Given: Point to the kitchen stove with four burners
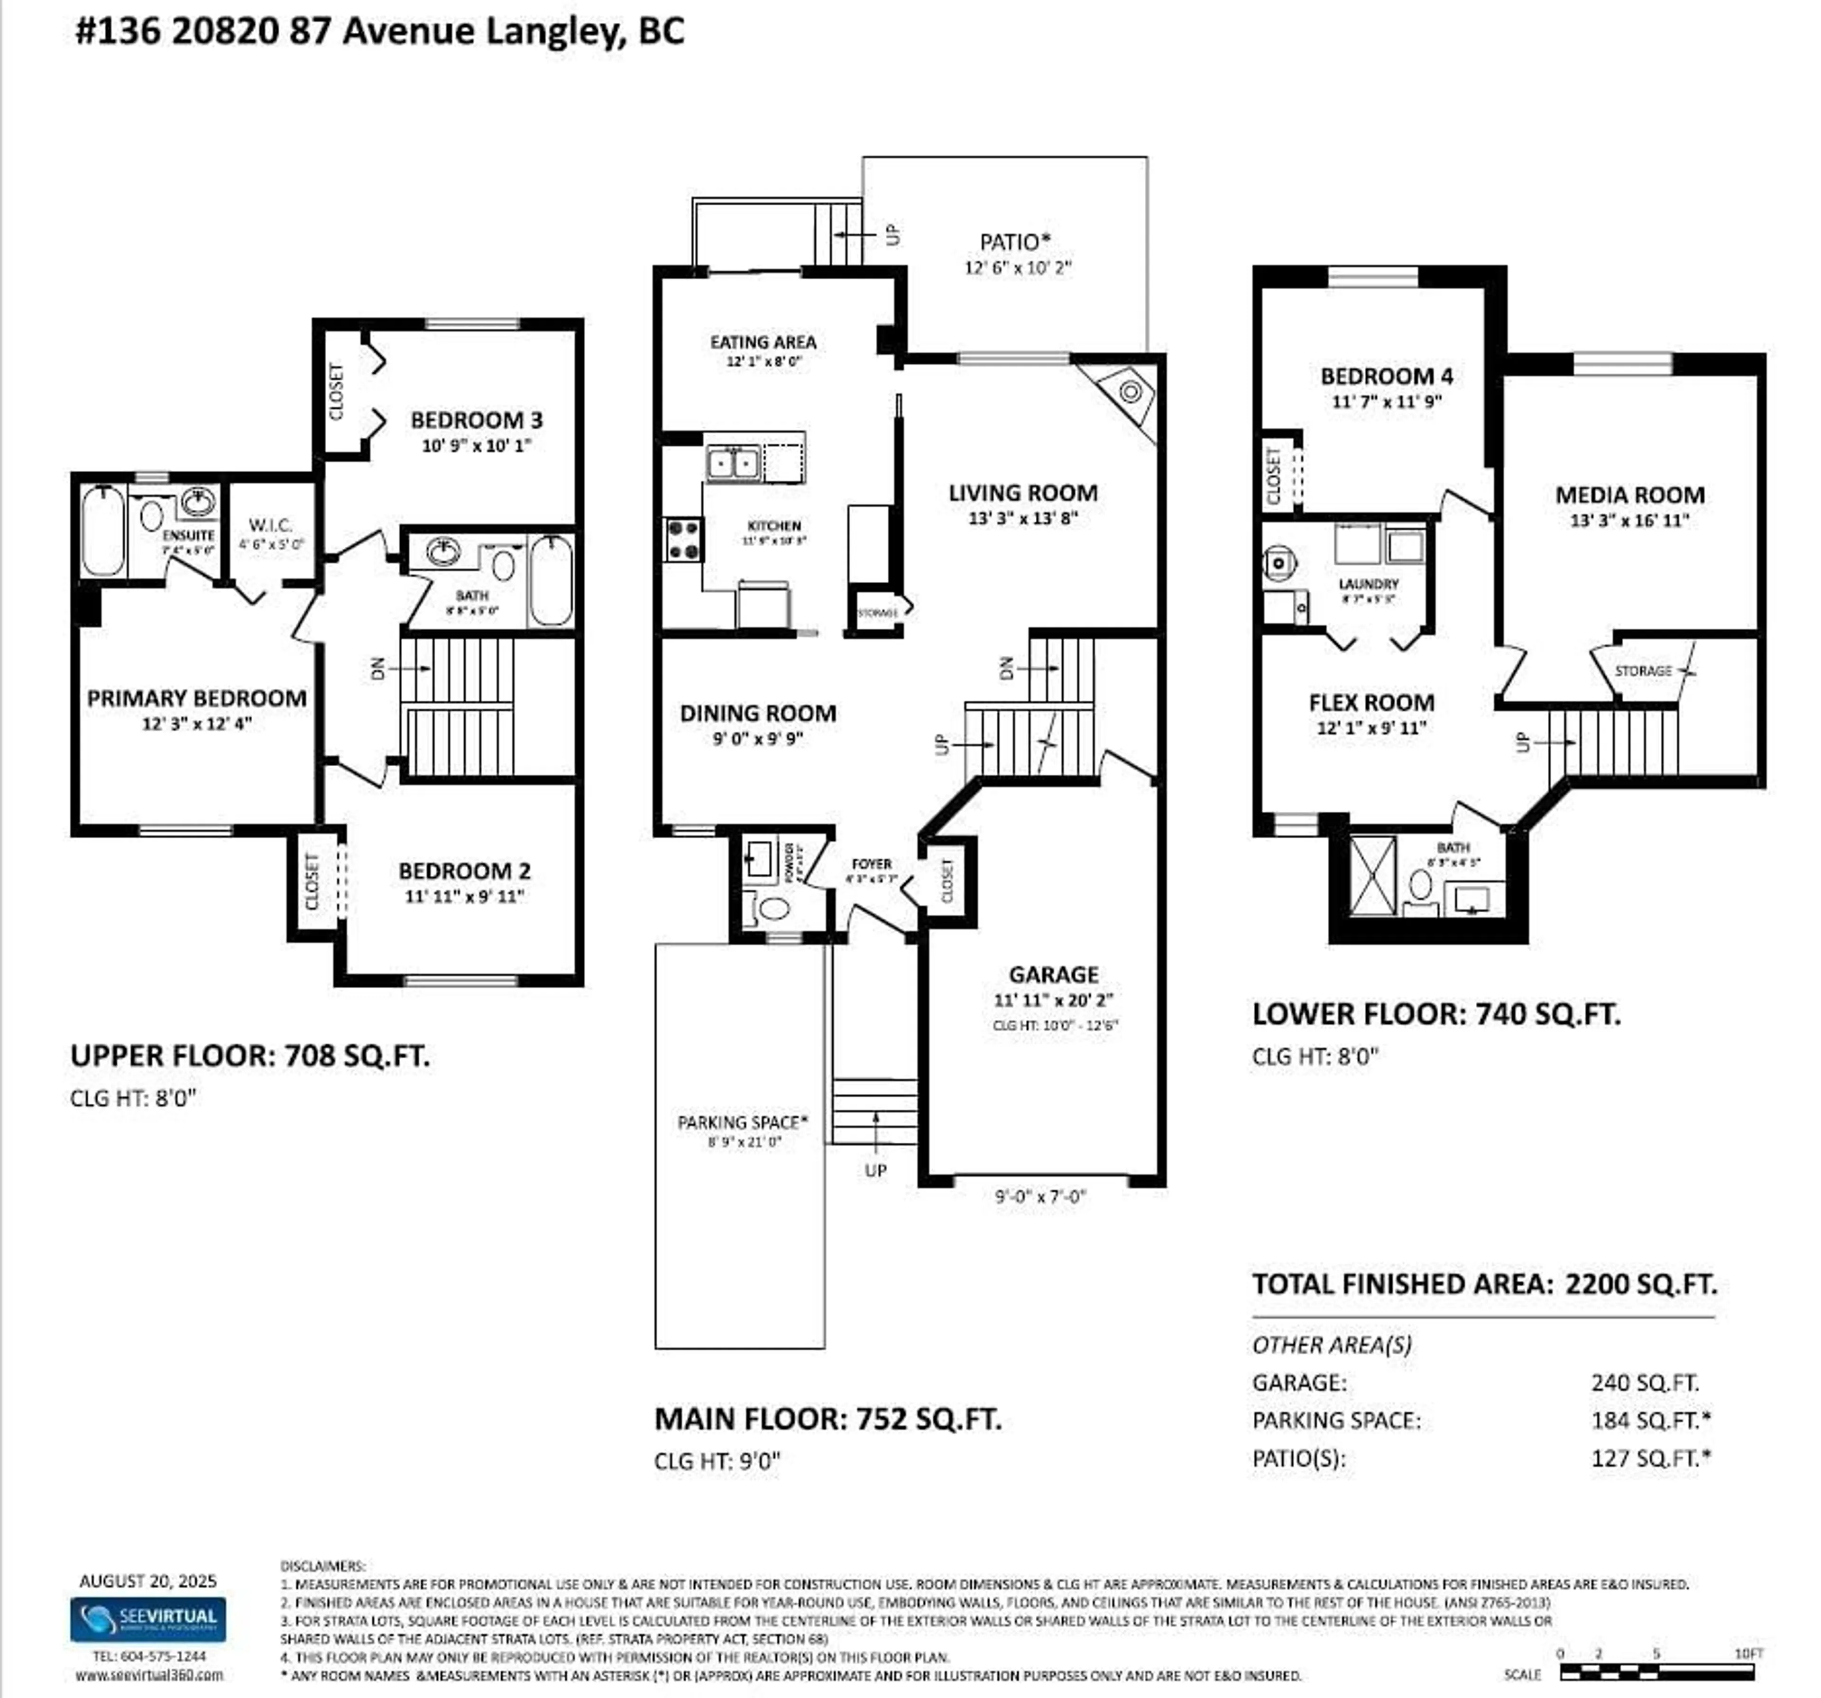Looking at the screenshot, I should [x=682, y=540].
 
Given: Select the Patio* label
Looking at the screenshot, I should [x=1015, y=242].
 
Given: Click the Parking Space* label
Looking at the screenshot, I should [x=742, y=1122].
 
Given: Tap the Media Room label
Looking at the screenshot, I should [x=1629, y=495].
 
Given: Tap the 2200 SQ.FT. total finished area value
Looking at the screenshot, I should [x=1640, y=1283].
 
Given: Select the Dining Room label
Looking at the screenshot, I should [x=757, y=713].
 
